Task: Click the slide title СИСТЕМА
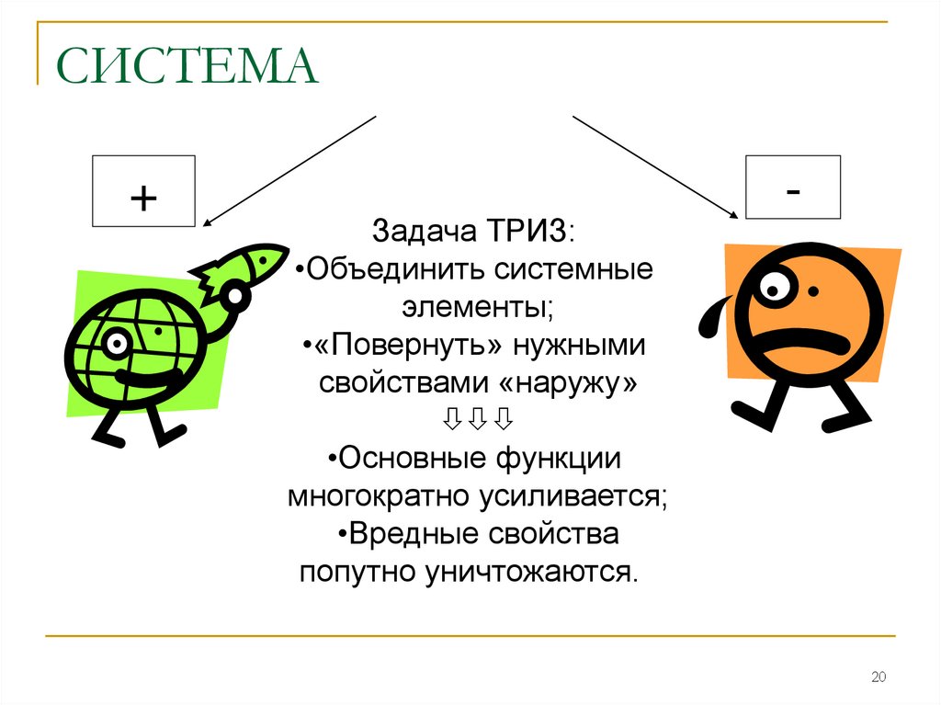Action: [x=187, y=69]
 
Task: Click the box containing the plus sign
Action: [x=143, y=191]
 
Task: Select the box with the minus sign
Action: [x=792, y=188]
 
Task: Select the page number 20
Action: [x=877, y=678]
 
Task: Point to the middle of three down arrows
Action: [x=477, y=421]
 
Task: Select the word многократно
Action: [x=379, y=496]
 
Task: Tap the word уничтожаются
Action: [x=530, y=572]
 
